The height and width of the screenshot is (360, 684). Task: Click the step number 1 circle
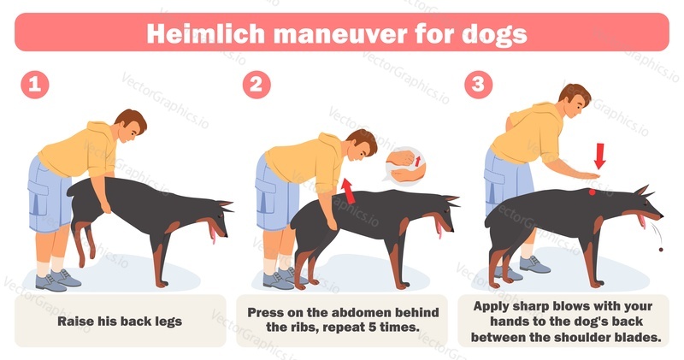(35, 85)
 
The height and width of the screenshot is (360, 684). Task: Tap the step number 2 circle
(256, 85)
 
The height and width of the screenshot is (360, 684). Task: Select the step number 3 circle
(479, 85)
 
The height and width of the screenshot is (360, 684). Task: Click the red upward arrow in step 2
(348, 191)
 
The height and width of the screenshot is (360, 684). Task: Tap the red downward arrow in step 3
(600, 156)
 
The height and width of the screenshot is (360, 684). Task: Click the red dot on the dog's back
(592, 192)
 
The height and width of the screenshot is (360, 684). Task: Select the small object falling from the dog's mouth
(660, 250)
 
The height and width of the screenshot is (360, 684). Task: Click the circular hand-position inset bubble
(405, 165)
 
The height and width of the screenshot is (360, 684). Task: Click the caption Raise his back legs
(120, 322)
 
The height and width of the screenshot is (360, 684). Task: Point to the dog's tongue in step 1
(212, 234)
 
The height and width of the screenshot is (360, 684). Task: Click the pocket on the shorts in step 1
(38, 198)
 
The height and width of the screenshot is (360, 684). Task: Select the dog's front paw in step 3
(597, 285)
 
